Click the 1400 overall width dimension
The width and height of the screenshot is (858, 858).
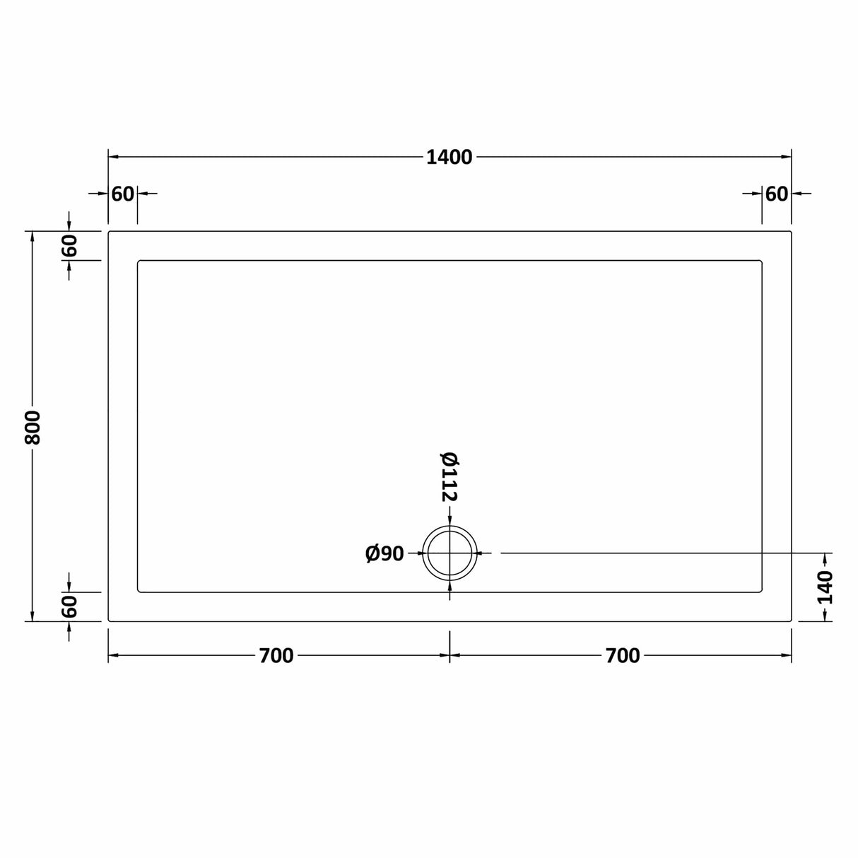[x=449, y=157]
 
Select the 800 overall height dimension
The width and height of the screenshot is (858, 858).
[x=33, y=427]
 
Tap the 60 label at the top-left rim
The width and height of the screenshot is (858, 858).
[x=122, y=193]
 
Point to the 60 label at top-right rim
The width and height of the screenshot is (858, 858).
[x=776, y=193]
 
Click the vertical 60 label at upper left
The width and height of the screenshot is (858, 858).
[x=69, y=246]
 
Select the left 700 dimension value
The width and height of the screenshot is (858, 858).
[x=276, y=656]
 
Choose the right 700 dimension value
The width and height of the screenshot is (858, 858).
[x=622, y=656]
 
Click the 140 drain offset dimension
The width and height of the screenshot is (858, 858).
[x=825, y=587]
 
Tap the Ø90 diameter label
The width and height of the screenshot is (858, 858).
[x=384, y=553]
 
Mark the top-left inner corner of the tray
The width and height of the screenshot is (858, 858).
[x=139, y=261]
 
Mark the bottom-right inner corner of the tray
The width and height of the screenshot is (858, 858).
[x=761, y=591]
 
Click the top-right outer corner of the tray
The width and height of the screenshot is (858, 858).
[x=790, y=231]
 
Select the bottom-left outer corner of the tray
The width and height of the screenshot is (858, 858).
[x=109, y=621]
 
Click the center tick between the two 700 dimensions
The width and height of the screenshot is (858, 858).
[x=449, y=656]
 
